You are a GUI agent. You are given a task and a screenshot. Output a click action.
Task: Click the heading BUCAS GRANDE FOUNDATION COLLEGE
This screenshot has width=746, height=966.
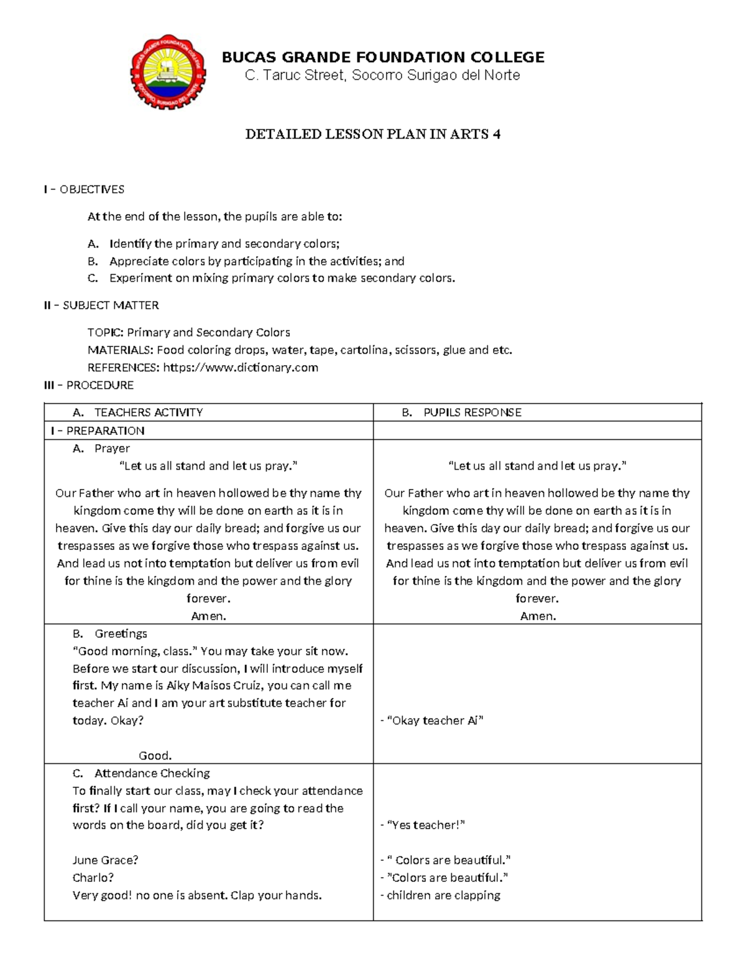(x=383, y=57)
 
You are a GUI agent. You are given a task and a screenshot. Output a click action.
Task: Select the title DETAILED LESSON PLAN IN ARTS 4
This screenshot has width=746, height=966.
(x=372, y=134)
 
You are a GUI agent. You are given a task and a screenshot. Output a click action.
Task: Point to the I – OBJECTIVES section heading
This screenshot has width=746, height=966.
(x=84, y=189)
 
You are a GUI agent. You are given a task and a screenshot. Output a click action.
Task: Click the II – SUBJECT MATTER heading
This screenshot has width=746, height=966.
(x=101, y=305)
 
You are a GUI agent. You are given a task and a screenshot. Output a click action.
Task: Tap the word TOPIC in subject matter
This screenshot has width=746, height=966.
(x=105, y=332)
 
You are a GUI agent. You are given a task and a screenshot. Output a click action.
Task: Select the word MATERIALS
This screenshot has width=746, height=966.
(x=120, y=350)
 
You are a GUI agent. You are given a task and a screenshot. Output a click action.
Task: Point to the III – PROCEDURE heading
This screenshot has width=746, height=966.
(x=89, y=385)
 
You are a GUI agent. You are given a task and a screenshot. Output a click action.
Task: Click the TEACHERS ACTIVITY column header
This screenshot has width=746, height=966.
(x=148, y=412)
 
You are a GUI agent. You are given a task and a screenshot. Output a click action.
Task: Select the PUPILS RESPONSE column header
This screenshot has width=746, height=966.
(x=472, y=412)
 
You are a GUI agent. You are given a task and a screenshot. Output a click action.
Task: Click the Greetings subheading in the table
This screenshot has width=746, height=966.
(x=121, y=633)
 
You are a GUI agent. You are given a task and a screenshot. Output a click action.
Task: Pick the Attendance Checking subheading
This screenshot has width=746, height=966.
(x=152, y=773)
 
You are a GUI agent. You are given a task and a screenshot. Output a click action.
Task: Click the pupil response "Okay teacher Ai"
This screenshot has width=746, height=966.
(x=435, y=720)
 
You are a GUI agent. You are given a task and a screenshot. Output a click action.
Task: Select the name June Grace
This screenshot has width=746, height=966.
(x=105, y=860)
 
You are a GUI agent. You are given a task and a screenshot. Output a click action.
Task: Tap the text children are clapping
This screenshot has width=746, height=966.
(x=443, y=895)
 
